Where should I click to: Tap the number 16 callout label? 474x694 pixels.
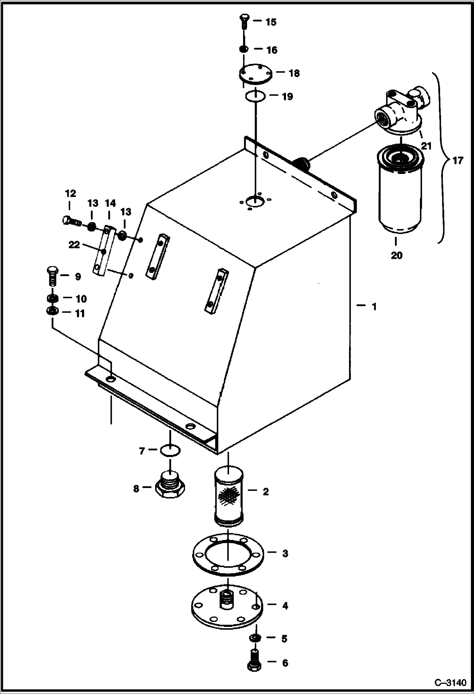click(x=271, y=50)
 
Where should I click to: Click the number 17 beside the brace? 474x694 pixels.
click(x=458, y=161)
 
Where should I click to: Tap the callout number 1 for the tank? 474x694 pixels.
click(x=374, y=307)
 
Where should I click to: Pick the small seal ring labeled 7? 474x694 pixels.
click(x=170, y=451)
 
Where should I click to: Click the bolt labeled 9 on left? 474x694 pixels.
click(x=52, y=275)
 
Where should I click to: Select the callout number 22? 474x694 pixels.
click(x=74, y=245)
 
